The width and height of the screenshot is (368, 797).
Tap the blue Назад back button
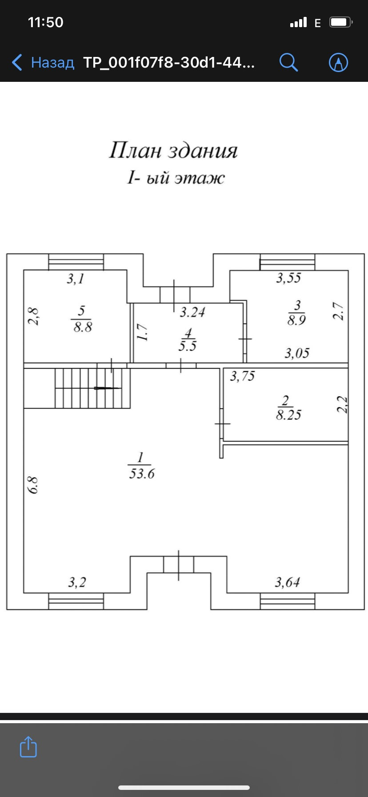pos(43,62)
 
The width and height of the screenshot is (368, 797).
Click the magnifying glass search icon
pos(288,62)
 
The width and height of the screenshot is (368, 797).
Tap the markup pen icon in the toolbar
pos(338,62)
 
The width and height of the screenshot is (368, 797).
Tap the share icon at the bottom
pos(28,747)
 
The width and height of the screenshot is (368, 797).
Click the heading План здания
pos(173,150)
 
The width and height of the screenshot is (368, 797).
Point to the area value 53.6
pos(142,474)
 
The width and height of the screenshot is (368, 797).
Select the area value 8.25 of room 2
pos(288,415)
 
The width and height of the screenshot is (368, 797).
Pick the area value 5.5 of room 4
pos(188,346)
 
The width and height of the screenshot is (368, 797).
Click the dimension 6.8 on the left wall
pos(33,485)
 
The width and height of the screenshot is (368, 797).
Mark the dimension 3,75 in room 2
pos(242,377)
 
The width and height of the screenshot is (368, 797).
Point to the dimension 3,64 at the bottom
pos(287,582)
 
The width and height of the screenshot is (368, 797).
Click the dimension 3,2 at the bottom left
pos(77,582)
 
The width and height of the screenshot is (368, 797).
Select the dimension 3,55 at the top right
pos(288,278)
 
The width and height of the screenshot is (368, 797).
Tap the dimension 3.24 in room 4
pos(192,312)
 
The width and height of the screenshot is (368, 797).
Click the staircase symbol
pos(92,388)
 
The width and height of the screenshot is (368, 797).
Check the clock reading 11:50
pos(46,22)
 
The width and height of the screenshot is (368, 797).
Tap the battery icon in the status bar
pos(341,22)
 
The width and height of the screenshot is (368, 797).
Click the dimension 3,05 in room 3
pos(297,354)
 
